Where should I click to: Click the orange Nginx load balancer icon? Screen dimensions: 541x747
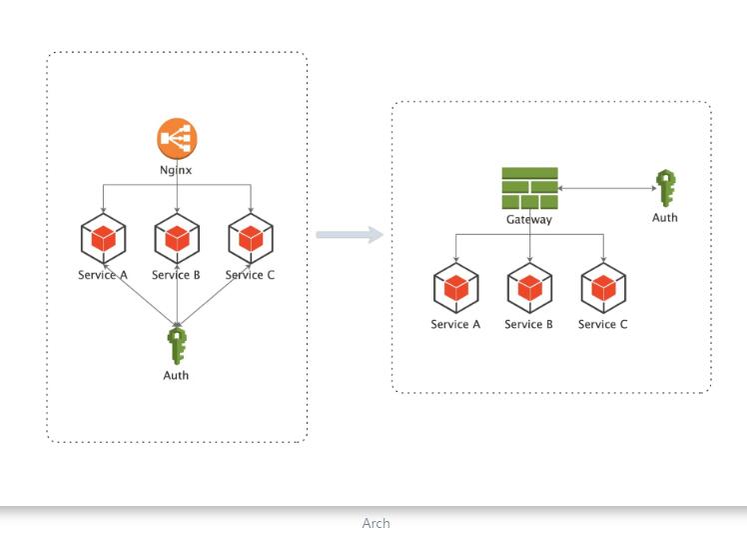pyautogui.click(x=177, y=138)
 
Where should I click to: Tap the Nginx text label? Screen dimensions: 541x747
pyautogui.click(x=177, y=170)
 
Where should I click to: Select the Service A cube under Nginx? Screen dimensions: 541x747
pyautogui.click(x=103, y=238)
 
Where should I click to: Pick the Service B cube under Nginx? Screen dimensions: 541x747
pyautogui.click(x=177, y=238)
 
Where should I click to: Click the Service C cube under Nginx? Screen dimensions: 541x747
pyautogui.click(x=251, y=238)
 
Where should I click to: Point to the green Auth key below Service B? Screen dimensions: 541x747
pyautogui.click(x=177, y=346)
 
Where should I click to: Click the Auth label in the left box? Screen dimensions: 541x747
pyautogui.click(x=176, y=376)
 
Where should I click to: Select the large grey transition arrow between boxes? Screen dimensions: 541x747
pyautogui.click(x=350, y=235)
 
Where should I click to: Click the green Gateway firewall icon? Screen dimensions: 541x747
pyautogui.click(x=529, y=188)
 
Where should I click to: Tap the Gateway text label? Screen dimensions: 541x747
pyautogui.click(x=529, y=219)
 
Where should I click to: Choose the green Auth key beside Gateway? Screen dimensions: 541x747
pyautogui.click(x=665, y=188)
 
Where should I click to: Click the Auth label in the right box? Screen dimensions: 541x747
pyautogui.click(x=665, y=217)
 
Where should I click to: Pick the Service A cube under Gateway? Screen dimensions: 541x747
pyautogui.click(x=456, y=288)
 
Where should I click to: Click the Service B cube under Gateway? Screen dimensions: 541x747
pyautogui.click(x=529, y=288)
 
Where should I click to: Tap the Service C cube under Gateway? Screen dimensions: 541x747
pyautogui.click(x=603, y=288)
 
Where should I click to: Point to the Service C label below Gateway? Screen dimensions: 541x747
pyautogui.click(x=603, y=324)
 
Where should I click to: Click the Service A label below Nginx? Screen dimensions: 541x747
pyautogui.click(x=103, y=275)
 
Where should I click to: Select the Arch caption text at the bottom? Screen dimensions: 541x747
pyautogui.click(x=375, y=523)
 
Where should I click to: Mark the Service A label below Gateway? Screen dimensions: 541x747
pyautogui.click(x=456, y=324)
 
